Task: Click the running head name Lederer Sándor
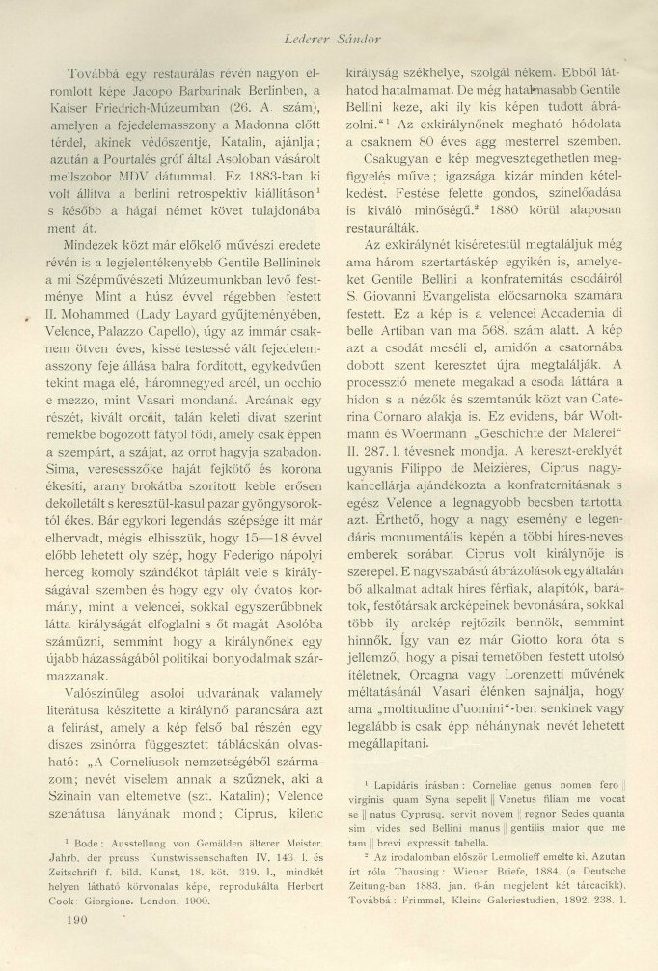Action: pos(330,39)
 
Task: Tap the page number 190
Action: pos(72,946)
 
